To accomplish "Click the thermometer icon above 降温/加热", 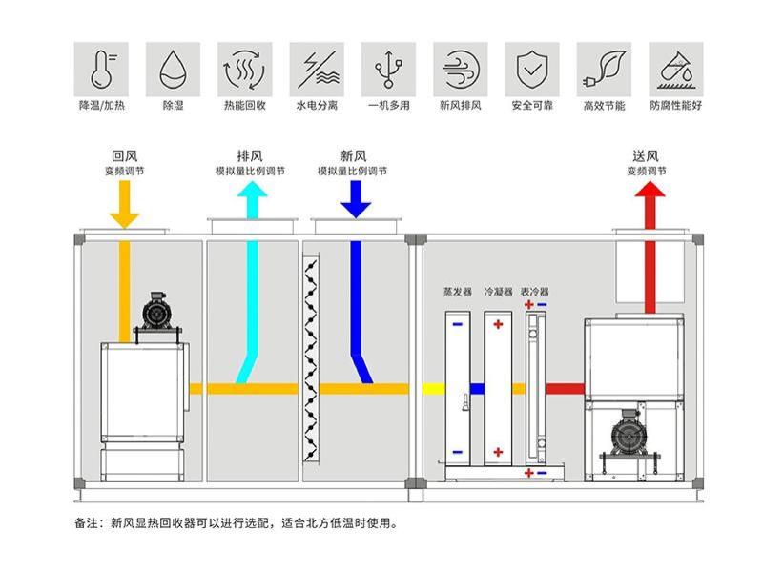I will click(x=101, y=69).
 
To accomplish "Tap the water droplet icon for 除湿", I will click(x=174, y=69).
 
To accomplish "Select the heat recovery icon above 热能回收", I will click(x=245, y=69).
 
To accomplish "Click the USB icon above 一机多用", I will click(x=388, y=69).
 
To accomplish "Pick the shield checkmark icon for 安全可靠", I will click(x=531, y=69).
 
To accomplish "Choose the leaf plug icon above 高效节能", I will click(x=604, y=69).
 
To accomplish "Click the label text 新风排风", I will click(x=460, y=105).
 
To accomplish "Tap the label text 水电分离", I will click(x=317, y=105).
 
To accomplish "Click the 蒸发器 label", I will click(x=458, y=292).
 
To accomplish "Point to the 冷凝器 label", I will click(x=498, y=292).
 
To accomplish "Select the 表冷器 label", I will click(x=535, y=292).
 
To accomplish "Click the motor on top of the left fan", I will click(x=155, y=311).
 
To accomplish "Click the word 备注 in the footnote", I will click(x=86, y=523).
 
